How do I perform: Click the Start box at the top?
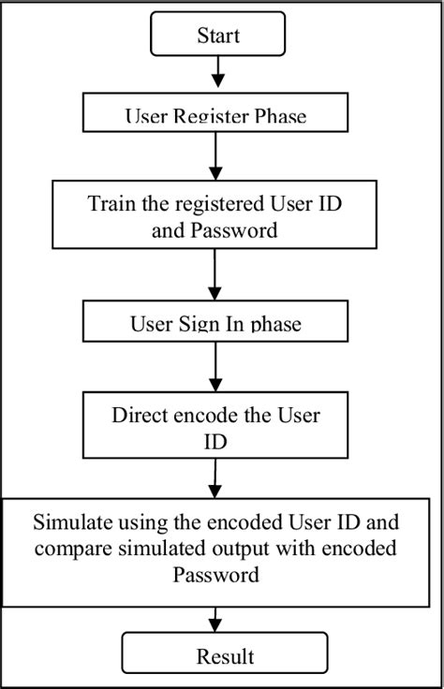[217, 36]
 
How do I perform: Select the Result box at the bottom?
[224, 654]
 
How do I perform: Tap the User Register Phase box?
[215, 115]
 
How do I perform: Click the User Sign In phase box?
[215, 324]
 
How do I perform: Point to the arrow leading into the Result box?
[216, 617]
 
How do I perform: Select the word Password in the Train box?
[240, 229]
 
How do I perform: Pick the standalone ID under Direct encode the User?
[215, 439]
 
